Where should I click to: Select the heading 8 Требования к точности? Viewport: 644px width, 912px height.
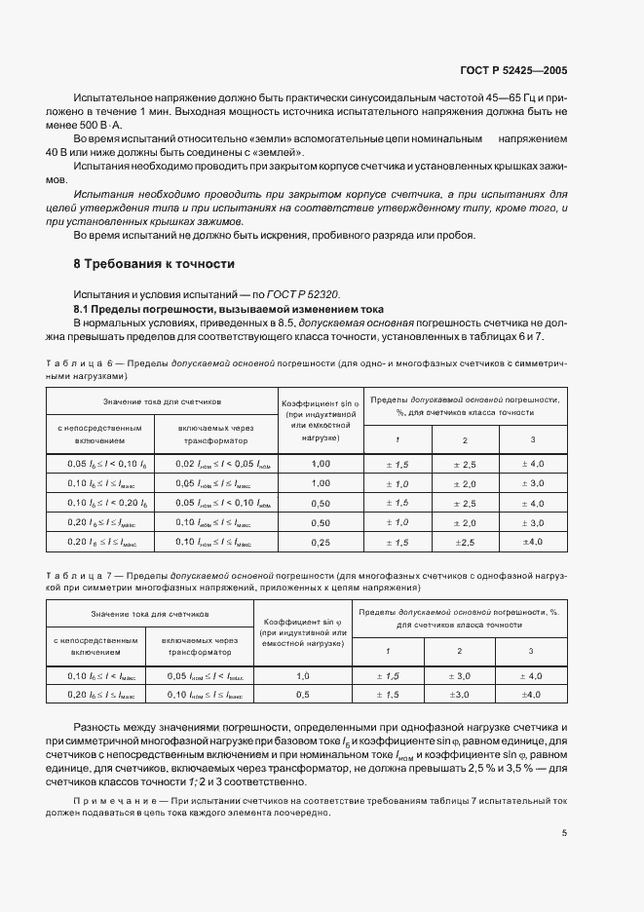click(x=154, y=264)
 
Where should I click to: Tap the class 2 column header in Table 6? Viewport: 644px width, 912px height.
click(x=464, y=439)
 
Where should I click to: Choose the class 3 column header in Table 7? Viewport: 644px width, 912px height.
click(x=531, y=651)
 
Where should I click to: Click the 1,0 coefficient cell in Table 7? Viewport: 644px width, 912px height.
click(x=302, y=674)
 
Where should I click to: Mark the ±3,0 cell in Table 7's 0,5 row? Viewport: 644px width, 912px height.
click(x=460, y=694)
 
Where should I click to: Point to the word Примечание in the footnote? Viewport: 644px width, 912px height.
click(x=114, y=798)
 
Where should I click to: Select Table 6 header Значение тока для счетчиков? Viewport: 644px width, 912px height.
click(x=149, y=400)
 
